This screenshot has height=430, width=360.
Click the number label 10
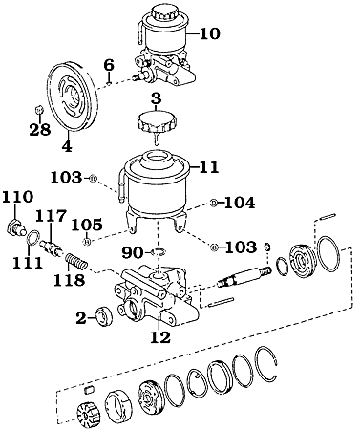(209, 33)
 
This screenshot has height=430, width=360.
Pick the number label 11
(209, 165)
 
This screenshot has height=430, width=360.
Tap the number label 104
(240, 204)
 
